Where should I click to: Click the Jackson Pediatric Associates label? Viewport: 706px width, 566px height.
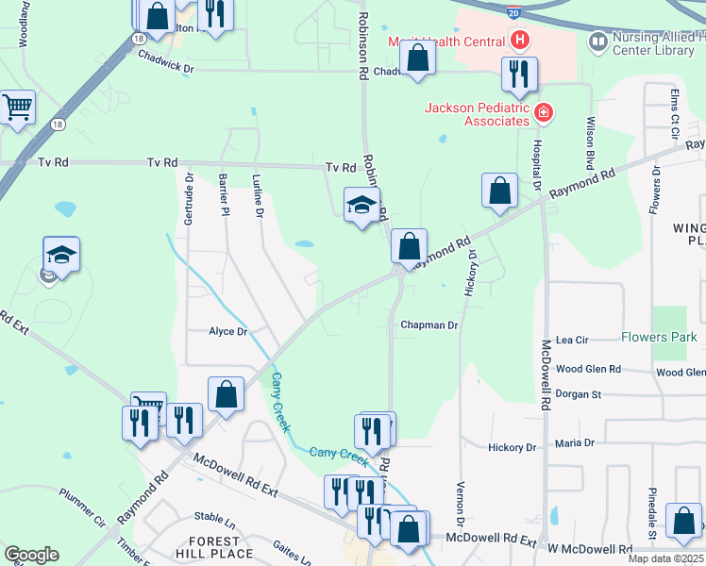(x=477, y=114)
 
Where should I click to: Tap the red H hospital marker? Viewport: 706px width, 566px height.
(x=518, y=41)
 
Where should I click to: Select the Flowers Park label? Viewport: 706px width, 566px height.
(x=659, y=337)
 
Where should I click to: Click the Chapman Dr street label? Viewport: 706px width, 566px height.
(x=429, y=325)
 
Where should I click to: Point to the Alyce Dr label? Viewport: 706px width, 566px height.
(x=227, y=331)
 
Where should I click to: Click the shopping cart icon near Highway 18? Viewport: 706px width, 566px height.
(x=17, y=107)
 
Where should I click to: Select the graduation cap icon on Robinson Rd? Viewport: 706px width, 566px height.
(x=361, y=205)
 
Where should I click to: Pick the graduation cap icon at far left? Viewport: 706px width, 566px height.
(x=61, y=255)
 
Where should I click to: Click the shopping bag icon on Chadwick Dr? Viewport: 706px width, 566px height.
(x=417, y=58)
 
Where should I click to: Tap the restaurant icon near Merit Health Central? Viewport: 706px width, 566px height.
(x=518, y=75)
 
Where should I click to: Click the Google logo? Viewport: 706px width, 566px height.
(x=30, y=555)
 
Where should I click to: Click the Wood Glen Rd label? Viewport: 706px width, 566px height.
(x=588, y=370)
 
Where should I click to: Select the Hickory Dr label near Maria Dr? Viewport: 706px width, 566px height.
(x=512, y=446)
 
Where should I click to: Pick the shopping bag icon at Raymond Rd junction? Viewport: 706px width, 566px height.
(x=409, y=247)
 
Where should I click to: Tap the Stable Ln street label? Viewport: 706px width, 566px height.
(x=214, y=517)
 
